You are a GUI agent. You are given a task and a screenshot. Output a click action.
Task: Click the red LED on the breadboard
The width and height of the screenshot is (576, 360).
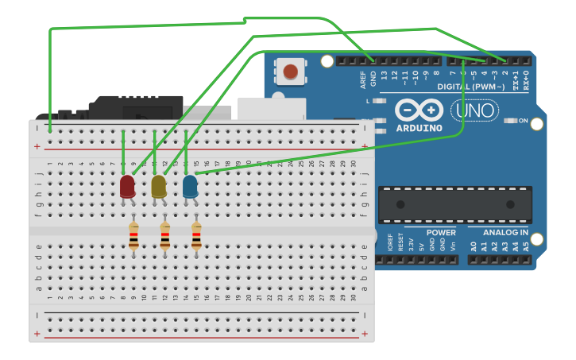pos(127,187)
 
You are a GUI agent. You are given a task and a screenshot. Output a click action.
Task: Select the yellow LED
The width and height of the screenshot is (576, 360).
pos(159,187)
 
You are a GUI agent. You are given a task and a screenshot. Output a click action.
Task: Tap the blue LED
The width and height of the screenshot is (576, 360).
pos(190,187)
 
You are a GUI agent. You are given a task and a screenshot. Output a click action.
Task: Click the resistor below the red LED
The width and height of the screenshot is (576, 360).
pos(133,237)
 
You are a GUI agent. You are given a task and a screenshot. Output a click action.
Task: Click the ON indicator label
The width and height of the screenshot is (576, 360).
pos(523,121)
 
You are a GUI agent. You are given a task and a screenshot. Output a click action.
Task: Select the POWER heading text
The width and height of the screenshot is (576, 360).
pos(441,233)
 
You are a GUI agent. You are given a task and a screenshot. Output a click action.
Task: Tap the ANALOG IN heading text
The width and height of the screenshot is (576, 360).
pos(506,233)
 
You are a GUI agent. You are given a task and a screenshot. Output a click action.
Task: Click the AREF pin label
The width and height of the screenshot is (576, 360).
pos(363,79)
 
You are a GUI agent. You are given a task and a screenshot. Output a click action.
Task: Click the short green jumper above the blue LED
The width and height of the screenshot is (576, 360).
pos(185,148)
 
